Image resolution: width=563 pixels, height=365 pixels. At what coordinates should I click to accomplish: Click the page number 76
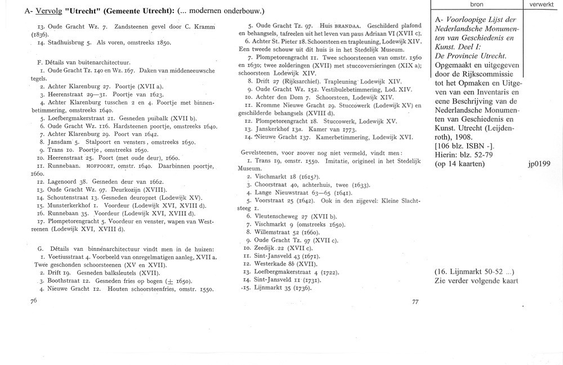point(34,301)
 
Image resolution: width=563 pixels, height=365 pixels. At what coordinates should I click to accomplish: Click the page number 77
point(415,301)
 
